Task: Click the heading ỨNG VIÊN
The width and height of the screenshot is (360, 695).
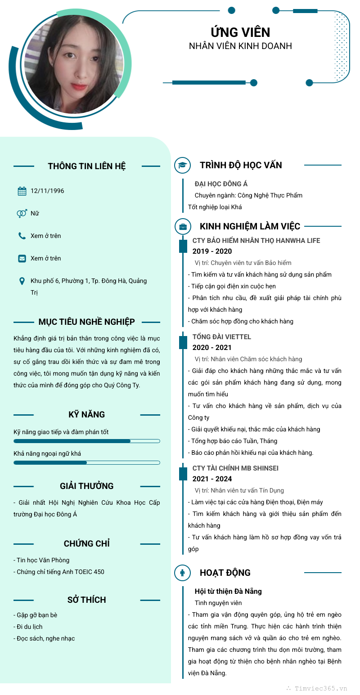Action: coord(240,32)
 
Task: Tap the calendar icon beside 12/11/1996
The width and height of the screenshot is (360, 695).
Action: coord(22,191)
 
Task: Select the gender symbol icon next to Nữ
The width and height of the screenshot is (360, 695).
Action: coord(22,214)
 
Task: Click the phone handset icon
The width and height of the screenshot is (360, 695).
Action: coord(22,236)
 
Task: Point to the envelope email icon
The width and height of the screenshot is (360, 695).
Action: coord(22,259)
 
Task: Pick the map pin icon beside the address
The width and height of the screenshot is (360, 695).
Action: coord(22,281)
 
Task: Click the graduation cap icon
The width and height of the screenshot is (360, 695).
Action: coord(182,165)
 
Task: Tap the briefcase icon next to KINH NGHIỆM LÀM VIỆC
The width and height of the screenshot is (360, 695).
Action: coord(182,226)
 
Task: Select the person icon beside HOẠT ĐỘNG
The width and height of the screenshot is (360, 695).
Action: coord(182,573)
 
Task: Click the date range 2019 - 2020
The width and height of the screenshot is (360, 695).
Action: coord(212,251)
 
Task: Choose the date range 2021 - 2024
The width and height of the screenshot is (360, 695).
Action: coord(212,479)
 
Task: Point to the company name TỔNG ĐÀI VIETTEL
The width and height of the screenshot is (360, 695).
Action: coord(221,337)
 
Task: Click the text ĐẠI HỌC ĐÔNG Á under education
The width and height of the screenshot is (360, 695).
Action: coord(221,184)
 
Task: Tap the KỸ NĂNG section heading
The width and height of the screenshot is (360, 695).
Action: coord(87,415)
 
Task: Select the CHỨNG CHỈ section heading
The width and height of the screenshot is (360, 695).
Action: coord(87,544)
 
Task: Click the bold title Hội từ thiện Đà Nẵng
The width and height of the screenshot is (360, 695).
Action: coord(228,592)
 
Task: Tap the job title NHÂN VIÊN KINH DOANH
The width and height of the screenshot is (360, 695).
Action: coord(240,46)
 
